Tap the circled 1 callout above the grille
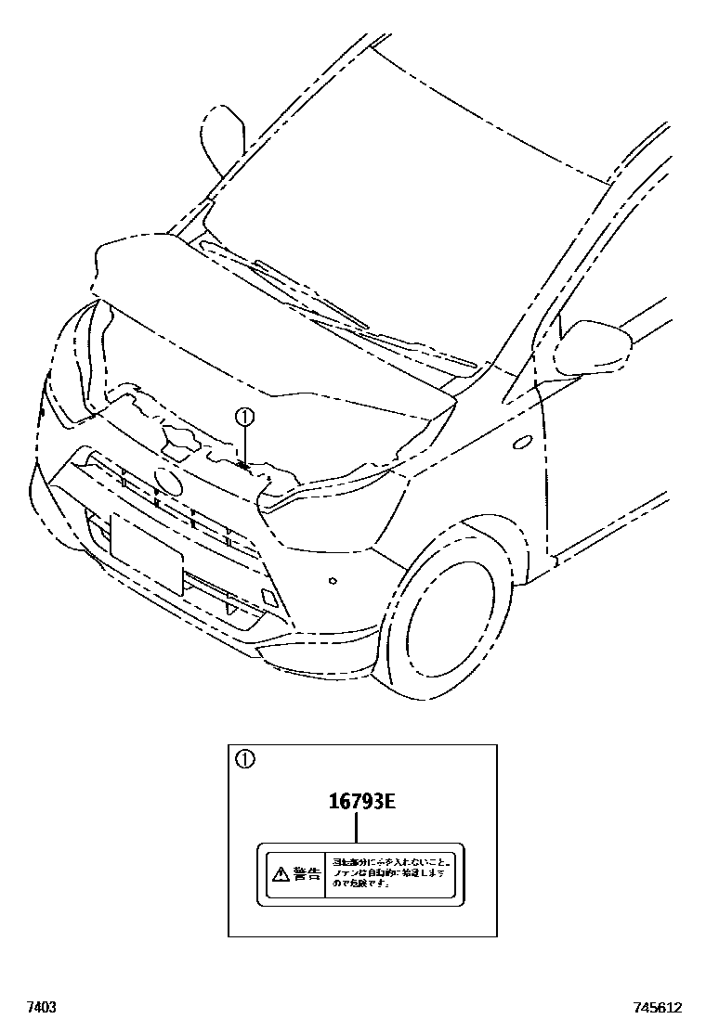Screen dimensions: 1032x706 tap(243, 417)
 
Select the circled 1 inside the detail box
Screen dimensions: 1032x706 tap(245, 759)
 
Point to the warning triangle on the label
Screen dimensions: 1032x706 tap(280, 873)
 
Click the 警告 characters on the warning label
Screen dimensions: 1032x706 tap(306, 873)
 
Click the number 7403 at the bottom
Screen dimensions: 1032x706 tap(41, 1007)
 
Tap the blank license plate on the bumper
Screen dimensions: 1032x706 tap(146, 553)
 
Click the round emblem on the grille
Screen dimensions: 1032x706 tap(167, 483)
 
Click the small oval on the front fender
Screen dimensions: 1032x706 tap(522, 443)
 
